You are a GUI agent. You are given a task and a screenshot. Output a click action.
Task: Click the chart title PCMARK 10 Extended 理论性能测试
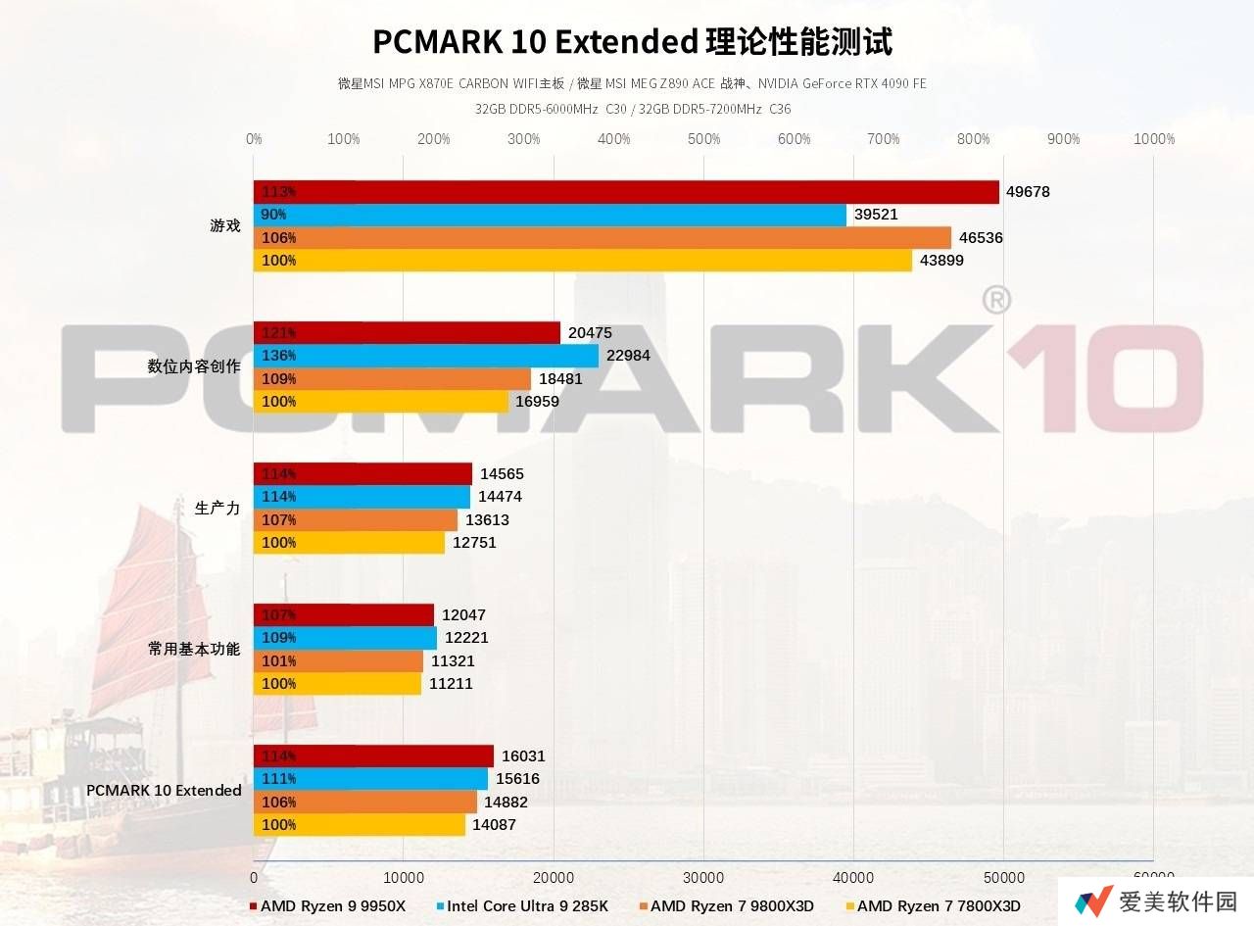pos(632,42)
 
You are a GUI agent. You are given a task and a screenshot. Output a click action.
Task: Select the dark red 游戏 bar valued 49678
pos(627,192)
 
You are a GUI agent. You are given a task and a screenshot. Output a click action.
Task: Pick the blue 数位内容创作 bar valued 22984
pos(426,356)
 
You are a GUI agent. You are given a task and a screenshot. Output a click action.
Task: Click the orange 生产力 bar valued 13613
pos(356,520)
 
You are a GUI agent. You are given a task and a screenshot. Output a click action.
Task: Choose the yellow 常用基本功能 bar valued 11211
pos(338,684)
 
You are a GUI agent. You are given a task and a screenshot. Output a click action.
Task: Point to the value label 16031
pos(523,756)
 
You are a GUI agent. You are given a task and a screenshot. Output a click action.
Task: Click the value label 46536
pos(981,238)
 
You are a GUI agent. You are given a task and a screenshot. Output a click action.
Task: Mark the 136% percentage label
pos(278,356)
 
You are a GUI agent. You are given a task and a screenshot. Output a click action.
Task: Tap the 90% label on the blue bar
pos(273,215)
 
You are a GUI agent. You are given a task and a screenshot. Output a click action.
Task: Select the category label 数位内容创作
pos(194,366)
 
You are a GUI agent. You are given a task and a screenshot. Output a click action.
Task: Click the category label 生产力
pos(217,508)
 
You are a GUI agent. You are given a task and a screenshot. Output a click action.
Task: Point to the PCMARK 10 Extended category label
pos(164,791)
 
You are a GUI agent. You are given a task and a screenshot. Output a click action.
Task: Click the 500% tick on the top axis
pos(703,139)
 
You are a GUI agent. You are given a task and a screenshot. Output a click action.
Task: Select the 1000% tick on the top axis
pos(1153,139)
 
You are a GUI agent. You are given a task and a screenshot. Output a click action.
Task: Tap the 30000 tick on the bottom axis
pos(703,875)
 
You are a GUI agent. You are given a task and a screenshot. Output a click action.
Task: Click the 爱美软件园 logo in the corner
pos(1156,902)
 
